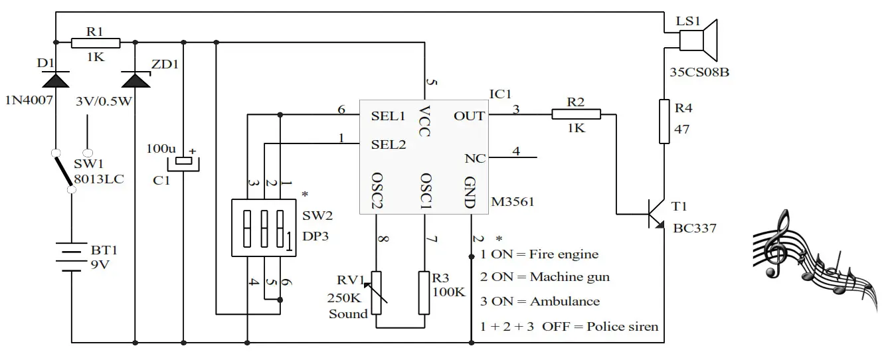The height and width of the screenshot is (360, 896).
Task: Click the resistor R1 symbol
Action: (96, 43)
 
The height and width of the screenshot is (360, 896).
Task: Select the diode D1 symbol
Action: (55, 80)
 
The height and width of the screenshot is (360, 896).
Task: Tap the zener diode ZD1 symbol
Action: (136, 79)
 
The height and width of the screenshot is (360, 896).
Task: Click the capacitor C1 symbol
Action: (183, 161)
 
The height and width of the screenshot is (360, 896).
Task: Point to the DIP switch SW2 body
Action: (263, 226)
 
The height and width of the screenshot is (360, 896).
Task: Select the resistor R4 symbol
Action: (664, 121)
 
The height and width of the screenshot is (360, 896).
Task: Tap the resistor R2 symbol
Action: (576, 115)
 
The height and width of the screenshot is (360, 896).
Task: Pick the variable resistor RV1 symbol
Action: (377, 292)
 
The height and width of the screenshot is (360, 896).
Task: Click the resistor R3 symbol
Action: (425, 292)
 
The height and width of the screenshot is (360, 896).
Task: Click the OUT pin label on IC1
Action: (469, 116)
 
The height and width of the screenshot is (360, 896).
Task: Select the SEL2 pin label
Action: (388, 144)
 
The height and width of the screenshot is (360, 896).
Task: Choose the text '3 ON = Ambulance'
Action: (539, 302)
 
